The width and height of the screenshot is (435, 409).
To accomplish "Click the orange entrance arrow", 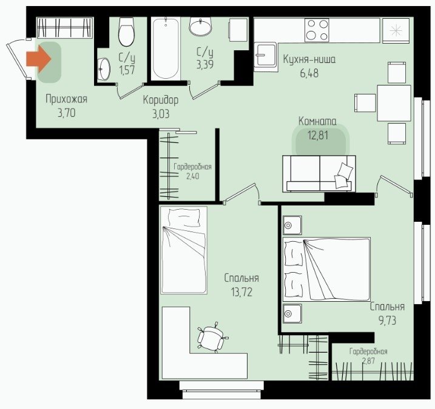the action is click(39, 59).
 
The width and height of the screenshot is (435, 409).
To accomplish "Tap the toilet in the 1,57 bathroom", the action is click(126, 32).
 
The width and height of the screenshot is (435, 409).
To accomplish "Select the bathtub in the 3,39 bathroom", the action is click(166, 48).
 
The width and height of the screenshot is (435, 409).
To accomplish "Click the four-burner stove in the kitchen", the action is click(317, 30).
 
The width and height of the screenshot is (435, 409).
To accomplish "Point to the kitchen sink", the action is click(266, 55).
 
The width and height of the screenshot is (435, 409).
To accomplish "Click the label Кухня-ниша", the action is click(309, 59).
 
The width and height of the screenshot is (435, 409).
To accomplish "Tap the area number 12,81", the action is click(318, 135).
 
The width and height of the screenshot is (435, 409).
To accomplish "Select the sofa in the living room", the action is click(319, 173).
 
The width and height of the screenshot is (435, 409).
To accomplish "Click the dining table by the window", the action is click(394, 103).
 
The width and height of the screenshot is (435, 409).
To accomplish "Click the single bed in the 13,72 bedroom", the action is click(184, 250).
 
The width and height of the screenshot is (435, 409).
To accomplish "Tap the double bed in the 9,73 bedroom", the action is click(326, 269).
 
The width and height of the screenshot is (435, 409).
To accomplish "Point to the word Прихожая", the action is click(66, 99).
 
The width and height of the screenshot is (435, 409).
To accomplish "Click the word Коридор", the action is click(161, 100).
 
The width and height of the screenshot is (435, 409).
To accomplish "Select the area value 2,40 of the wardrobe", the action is click(192, 176).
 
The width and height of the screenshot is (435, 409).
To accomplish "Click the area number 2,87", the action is click(368, 361).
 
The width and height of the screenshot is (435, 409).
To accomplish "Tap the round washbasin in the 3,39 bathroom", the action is click(200, 26).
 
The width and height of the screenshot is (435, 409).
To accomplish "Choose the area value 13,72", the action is click(241, 292).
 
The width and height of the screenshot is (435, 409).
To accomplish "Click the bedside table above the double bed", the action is click(292, 225).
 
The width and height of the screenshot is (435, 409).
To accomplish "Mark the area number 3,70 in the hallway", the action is click(67, 113).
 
